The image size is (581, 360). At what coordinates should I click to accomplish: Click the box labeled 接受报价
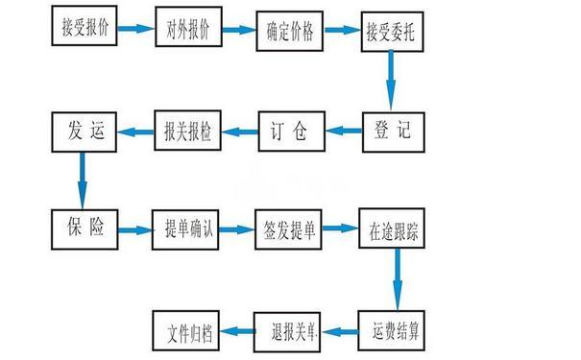tap(85, 28)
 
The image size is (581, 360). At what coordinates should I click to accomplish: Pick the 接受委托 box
tap(392, 31)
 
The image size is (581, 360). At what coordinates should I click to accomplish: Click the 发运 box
tap(85, 130)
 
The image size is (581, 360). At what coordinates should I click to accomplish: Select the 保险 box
tap(85, 229)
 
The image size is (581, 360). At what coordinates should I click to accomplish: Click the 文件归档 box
tap(186, 330)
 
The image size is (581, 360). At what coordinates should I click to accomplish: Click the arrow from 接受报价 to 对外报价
tap(136, 29)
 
